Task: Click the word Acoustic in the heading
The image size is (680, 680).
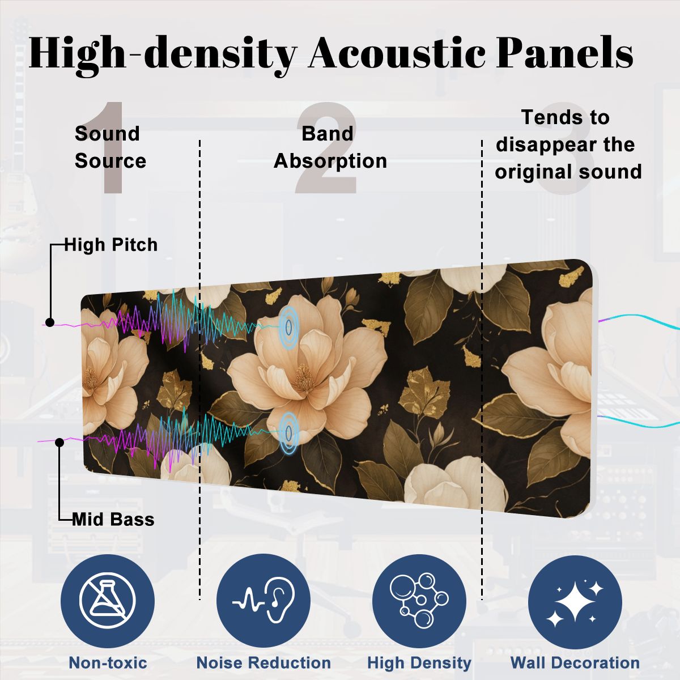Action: pos(397,53)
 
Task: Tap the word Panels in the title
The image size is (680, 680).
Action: pos(565,52)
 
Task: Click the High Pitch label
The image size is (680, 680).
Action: pos(111,245)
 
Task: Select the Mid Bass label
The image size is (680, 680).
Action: pos(113,520)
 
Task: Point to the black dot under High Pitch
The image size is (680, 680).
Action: pos(50,322)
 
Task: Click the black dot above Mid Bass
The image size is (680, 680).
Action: pos(59,443)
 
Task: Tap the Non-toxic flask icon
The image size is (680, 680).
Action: pos(108,600)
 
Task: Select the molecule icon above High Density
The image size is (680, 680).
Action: pos(419,601)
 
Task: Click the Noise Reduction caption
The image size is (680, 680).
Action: pos(263,662)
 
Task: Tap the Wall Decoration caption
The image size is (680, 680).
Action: pos(575,662)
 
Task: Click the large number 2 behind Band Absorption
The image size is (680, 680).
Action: pos(326,148)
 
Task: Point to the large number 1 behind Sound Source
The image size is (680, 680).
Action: pos(112,148)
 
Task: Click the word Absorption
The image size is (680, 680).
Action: pos(330,161)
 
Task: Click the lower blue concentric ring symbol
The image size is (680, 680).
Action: pos(289,433)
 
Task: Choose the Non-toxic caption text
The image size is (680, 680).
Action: pos(108,662)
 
